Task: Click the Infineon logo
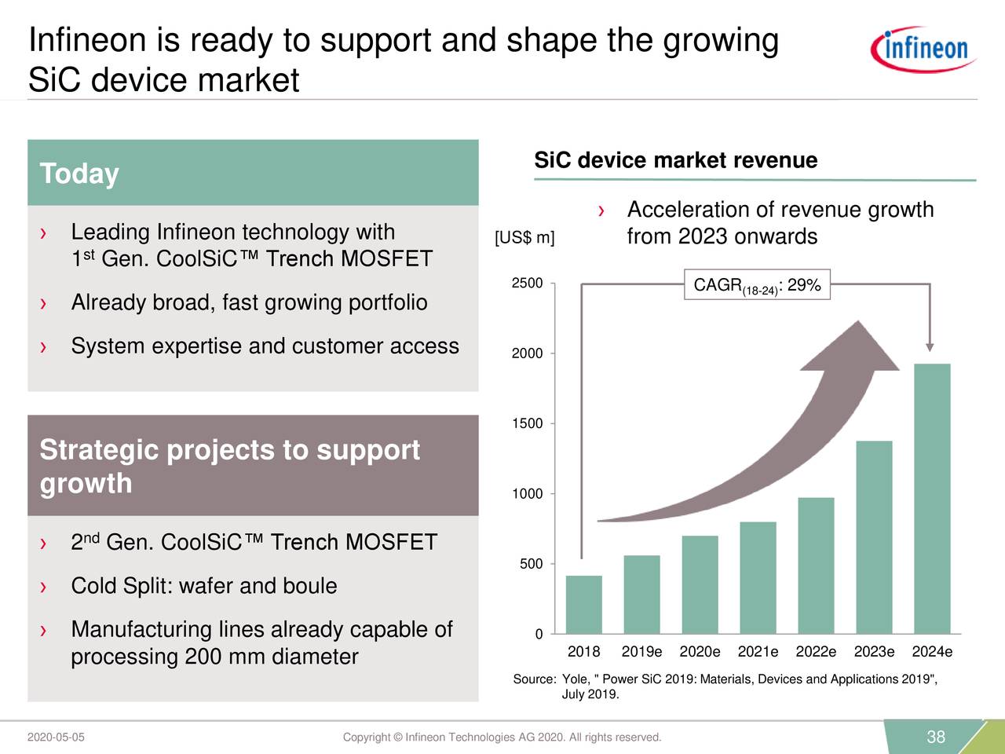pos(923,49)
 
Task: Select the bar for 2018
pos(583,604)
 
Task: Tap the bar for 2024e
pos(932,498)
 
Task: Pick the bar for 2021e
pos(758,577)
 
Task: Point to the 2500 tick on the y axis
pos(527,284)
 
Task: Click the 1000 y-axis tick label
pos(527,494)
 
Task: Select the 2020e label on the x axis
pos(700,652)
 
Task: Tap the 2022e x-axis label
pos(816,652)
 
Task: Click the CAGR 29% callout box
pos(757,285)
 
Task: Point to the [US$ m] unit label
pos(524,238)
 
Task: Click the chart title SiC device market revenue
pos(675,161)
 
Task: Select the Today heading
pos(79,174)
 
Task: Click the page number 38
pos(936,737)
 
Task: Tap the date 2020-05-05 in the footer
pos(56,737)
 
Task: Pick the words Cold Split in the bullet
pos(121,586)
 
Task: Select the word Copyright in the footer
pos(367,737)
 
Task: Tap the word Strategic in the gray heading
pos(98,450)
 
